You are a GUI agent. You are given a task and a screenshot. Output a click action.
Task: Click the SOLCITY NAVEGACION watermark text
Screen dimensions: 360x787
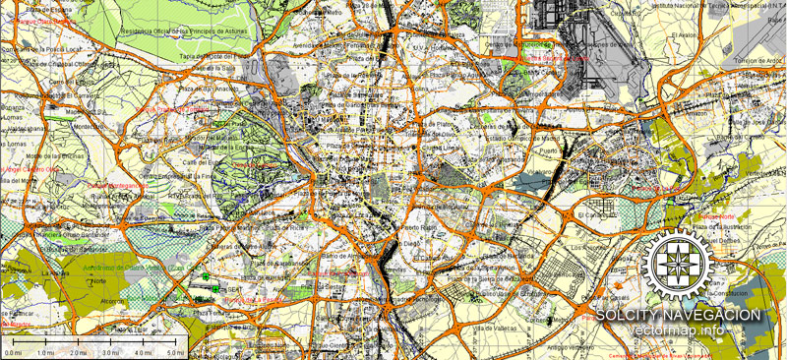678,315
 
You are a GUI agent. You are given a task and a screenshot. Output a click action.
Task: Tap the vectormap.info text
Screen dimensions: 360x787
679,330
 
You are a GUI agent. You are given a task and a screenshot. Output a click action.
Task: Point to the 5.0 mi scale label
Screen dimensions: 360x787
175,352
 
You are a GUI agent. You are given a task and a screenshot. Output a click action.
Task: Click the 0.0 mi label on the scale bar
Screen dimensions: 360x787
14,352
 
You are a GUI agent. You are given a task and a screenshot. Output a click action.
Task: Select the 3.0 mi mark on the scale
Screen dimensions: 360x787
110,352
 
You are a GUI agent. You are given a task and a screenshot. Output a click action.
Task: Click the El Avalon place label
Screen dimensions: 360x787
684,35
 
